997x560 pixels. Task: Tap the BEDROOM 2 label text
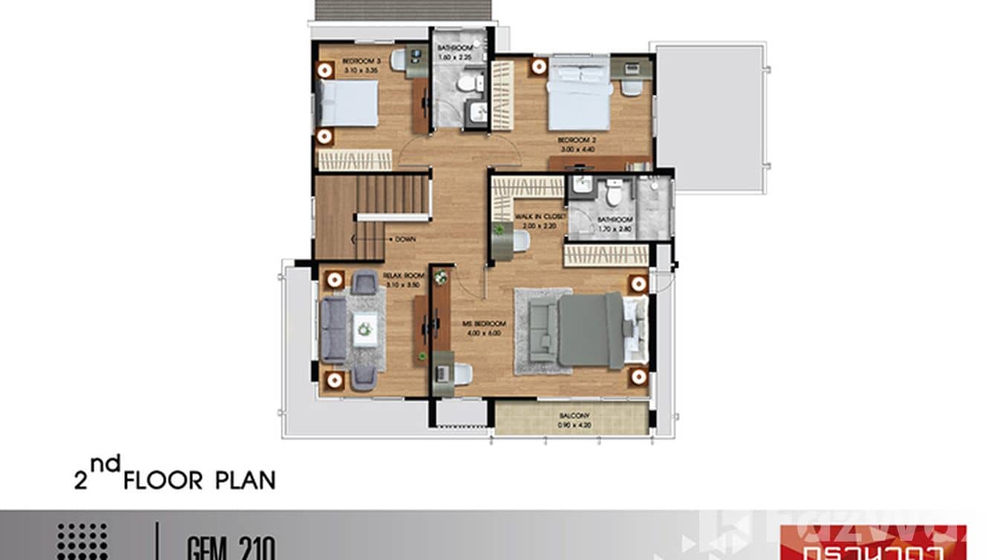[x=577, y=140]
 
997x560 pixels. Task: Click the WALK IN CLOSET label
[x=541, y=217]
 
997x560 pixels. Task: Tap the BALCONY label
[x=574, y=417]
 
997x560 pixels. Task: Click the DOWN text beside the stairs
[x=405, y=240]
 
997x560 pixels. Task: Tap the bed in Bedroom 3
[x=348, y=103]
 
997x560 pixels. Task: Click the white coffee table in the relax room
[x=364, y=328]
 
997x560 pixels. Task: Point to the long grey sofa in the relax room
[x=333, y=331]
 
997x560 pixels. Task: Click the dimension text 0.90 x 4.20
[x=574, y=426]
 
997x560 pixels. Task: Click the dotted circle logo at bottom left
[x=82, y=541]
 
